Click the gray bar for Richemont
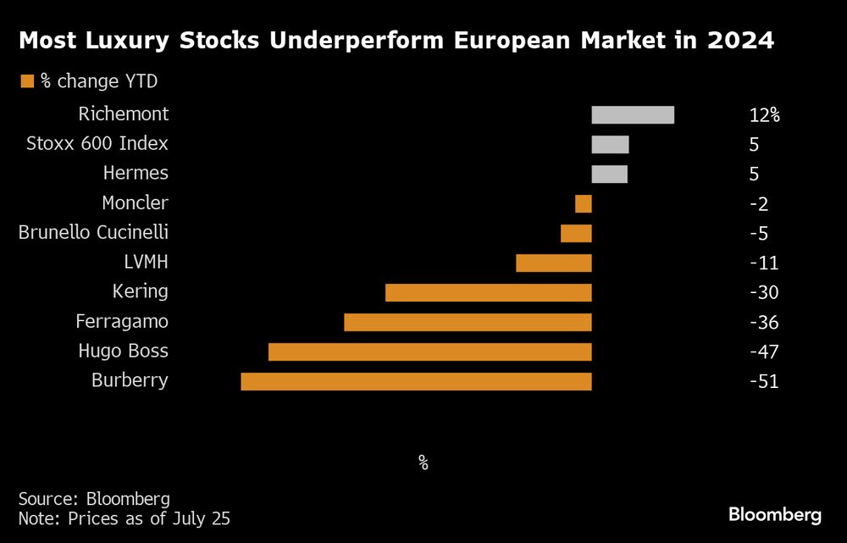click(633, 114)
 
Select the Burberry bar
click(416, 381)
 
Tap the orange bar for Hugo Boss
click(429, 352)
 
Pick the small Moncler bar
click(583, 203)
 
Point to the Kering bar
click(488, 292)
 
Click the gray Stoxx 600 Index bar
click(610, 144)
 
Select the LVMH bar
click(553, 263)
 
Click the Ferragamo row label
click(122, 322)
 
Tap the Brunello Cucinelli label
click(93, 232)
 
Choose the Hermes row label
click(136, 173)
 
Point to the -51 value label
click(763, 382)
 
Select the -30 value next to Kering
click(763, 293)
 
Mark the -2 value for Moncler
click(759, 204)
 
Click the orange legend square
click(27, 81)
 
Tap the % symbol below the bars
click(423, 463)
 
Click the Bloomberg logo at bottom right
click(775, 514)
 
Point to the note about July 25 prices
click(124, 517)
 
